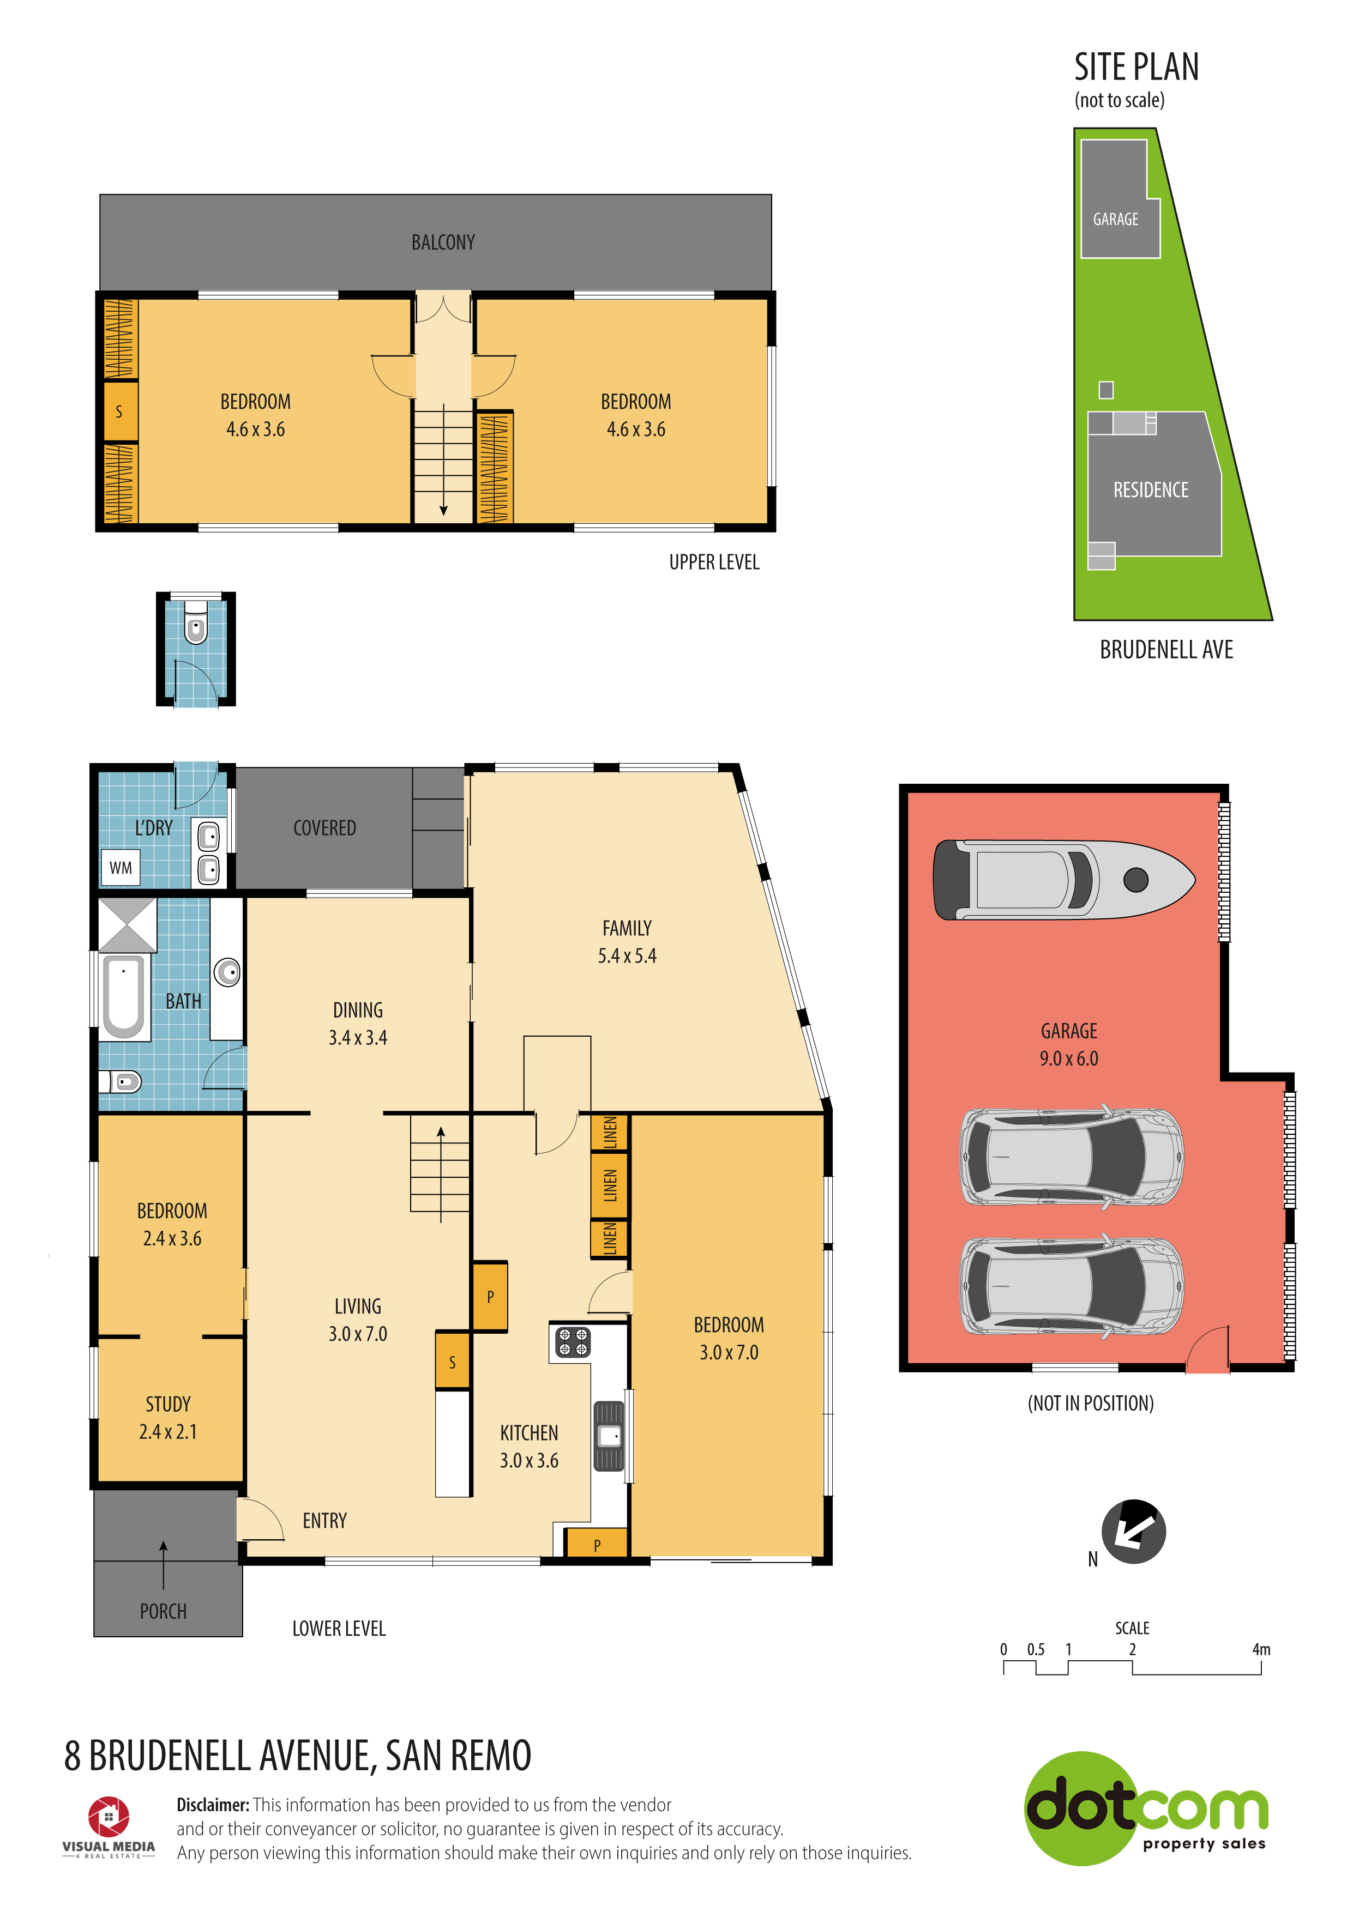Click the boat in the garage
pyautogui.click(x=1064, y=879)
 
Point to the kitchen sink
pyautogui.click(x=609, y=1436)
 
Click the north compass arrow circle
pyautogui.click(x=1133, y=1532)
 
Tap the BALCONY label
pyautogui.click(x=443, y=243)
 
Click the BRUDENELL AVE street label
pyautogui.click(x=1166, y=650)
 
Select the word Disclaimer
pyautogui.click(x=213, y=1805)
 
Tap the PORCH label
pyautogui.click(x=163, y=1611)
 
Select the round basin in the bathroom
pyautogui.click(x=227, y=971)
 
